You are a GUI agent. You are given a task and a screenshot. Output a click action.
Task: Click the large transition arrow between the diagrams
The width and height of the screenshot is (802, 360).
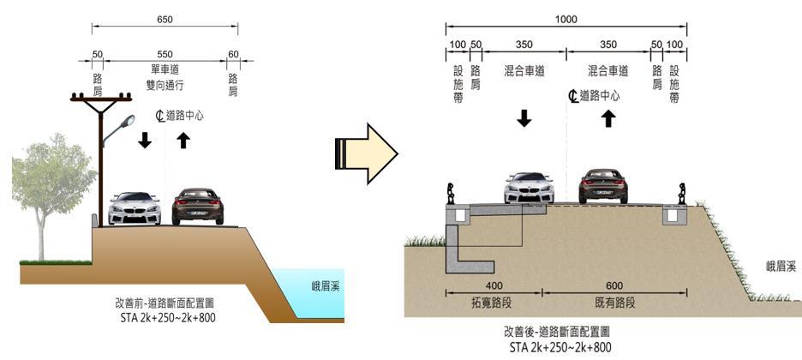(366, 153)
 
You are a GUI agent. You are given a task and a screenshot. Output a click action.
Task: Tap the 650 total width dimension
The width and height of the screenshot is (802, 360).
(165, 17)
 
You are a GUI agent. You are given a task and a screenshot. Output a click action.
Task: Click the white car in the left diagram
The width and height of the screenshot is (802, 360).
(135, 208)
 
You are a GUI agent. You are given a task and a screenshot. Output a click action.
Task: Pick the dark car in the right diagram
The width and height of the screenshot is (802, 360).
(609, 185)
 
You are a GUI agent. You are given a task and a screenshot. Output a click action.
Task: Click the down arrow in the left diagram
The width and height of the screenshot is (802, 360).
(145, 140)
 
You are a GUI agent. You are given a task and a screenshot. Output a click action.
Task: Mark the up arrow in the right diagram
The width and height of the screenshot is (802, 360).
(608, 117)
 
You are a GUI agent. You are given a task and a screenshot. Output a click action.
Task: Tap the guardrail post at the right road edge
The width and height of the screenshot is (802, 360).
(682, 194)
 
